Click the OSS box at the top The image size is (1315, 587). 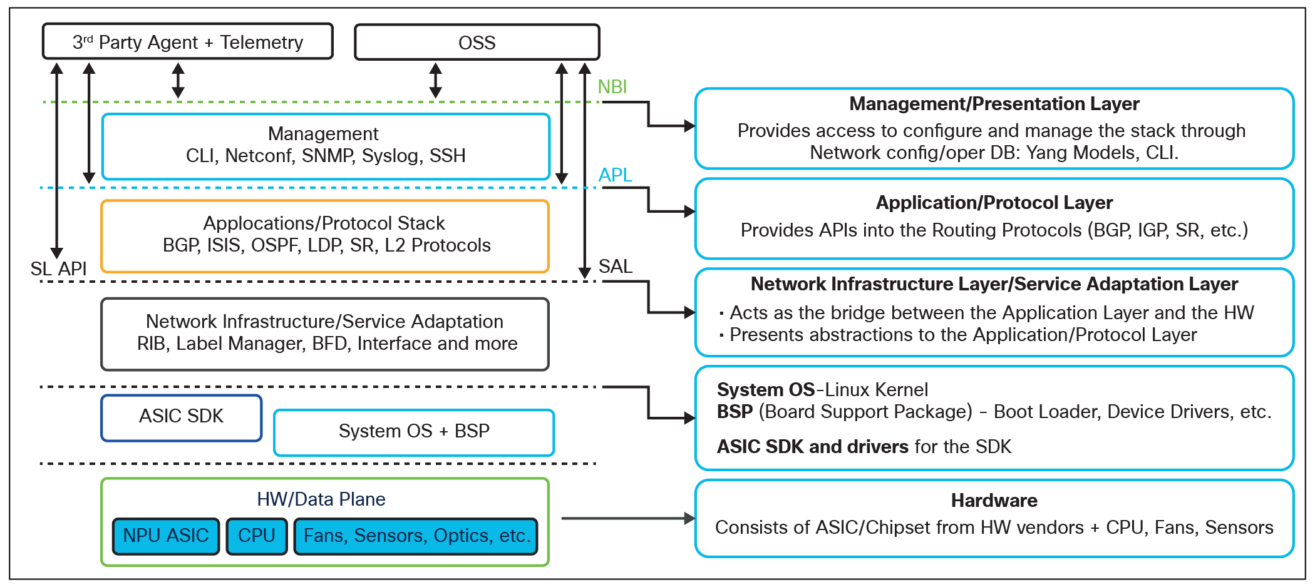477,43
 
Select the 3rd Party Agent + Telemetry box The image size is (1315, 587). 187,42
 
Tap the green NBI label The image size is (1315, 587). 612,87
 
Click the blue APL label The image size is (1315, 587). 615,175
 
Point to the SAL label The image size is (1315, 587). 616,267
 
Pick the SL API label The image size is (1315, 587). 58,269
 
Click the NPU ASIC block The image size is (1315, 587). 166,536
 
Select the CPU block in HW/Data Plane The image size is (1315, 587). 256,536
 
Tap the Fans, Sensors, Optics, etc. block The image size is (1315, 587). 416,536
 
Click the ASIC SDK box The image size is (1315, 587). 181,417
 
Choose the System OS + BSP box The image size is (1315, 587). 414,432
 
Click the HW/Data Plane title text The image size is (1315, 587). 321,499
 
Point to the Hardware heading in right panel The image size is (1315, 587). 994,501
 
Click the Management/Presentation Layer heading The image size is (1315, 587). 994,104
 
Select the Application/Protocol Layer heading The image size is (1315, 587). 994,203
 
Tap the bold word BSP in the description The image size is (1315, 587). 735,412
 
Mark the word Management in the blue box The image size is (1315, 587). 323,134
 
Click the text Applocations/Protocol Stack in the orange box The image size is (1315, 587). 324,223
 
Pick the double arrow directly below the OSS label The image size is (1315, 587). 436,80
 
